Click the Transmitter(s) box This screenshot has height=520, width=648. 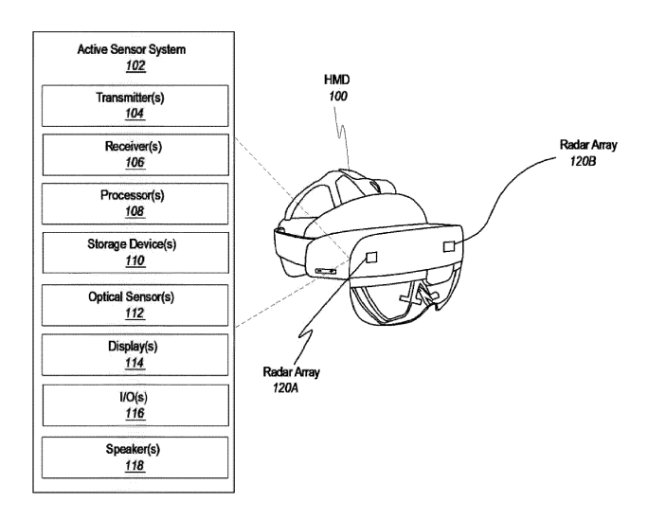point(134,106)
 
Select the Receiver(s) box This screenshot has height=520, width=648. point(134,154)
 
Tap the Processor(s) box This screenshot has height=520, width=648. point(134,204)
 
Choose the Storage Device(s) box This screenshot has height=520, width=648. point(134,253)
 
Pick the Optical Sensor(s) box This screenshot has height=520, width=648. point(134,303)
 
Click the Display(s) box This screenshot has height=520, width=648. point(134,353)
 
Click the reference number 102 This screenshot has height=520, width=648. point(134,67)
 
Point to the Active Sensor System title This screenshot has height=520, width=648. point(134,51)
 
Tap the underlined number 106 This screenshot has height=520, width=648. point(134,165)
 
